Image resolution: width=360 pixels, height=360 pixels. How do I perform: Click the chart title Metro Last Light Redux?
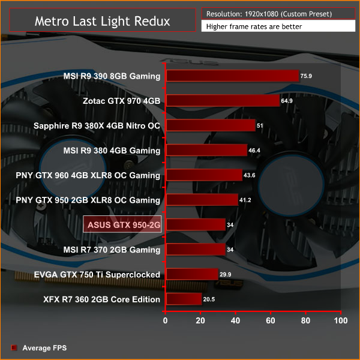point(102,21)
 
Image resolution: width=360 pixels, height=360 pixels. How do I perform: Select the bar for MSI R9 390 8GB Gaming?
point(233,76)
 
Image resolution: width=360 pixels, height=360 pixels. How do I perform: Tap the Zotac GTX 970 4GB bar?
point(223,101)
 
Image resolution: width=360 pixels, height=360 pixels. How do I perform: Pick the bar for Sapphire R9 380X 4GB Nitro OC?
point(211,125)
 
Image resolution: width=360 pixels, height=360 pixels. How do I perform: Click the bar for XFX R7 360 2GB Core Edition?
point(185,299)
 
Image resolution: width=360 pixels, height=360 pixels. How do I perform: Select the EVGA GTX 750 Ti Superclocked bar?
point(193,274)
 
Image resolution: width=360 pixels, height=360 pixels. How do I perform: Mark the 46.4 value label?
point(256,151)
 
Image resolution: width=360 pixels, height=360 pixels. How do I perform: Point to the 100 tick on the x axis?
point(341,321)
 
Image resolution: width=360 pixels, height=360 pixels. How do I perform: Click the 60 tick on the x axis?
point(271,321)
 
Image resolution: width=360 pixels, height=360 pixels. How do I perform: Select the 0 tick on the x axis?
point(167,321)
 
